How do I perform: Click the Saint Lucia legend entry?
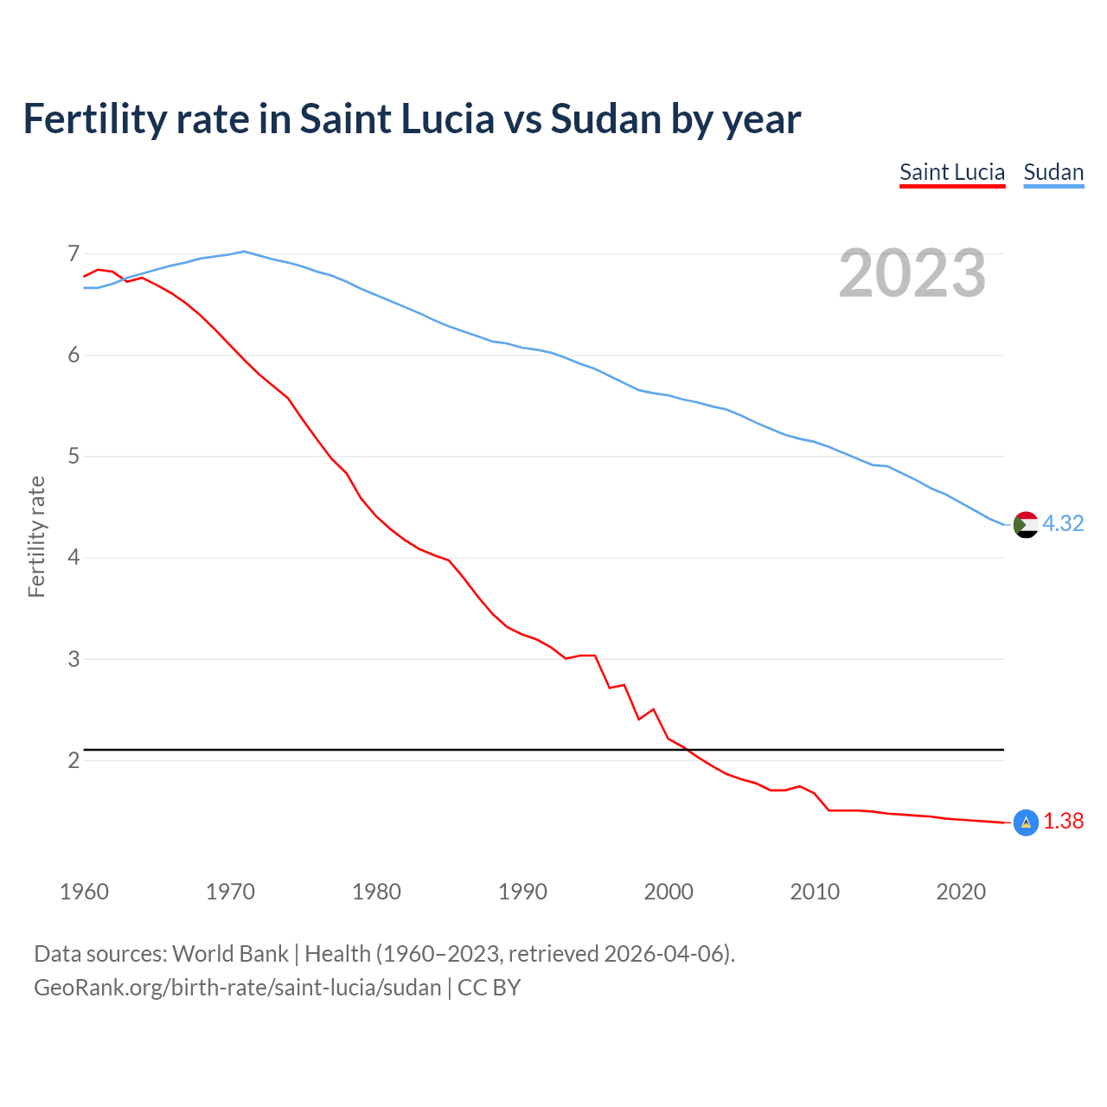[951, 172]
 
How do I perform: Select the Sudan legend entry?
[1053, 172]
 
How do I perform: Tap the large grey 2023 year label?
[912, 273]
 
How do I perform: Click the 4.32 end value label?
[1063, 523]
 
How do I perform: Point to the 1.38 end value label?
[1063, 821]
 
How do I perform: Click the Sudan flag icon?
[1026, 524]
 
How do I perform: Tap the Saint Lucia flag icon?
[1026, 822]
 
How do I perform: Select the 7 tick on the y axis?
[74, 253]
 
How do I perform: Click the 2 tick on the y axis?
[74, 760]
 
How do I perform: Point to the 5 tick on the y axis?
[74, 456]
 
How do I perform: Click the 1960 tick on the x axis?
[84, 892]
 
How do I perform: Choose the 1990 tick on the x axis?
[522, 892]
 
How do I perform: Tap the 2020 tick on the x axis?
[961, 892]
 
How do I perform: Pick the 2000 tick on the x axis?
[669, 892]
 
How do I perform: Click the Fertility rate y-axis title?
[36, 536]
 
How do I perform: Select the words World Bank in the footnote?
[230, 953]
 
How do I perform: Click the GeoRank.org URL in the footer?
[237, 987]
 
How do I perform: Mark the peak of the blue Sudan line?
[244, 252]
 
